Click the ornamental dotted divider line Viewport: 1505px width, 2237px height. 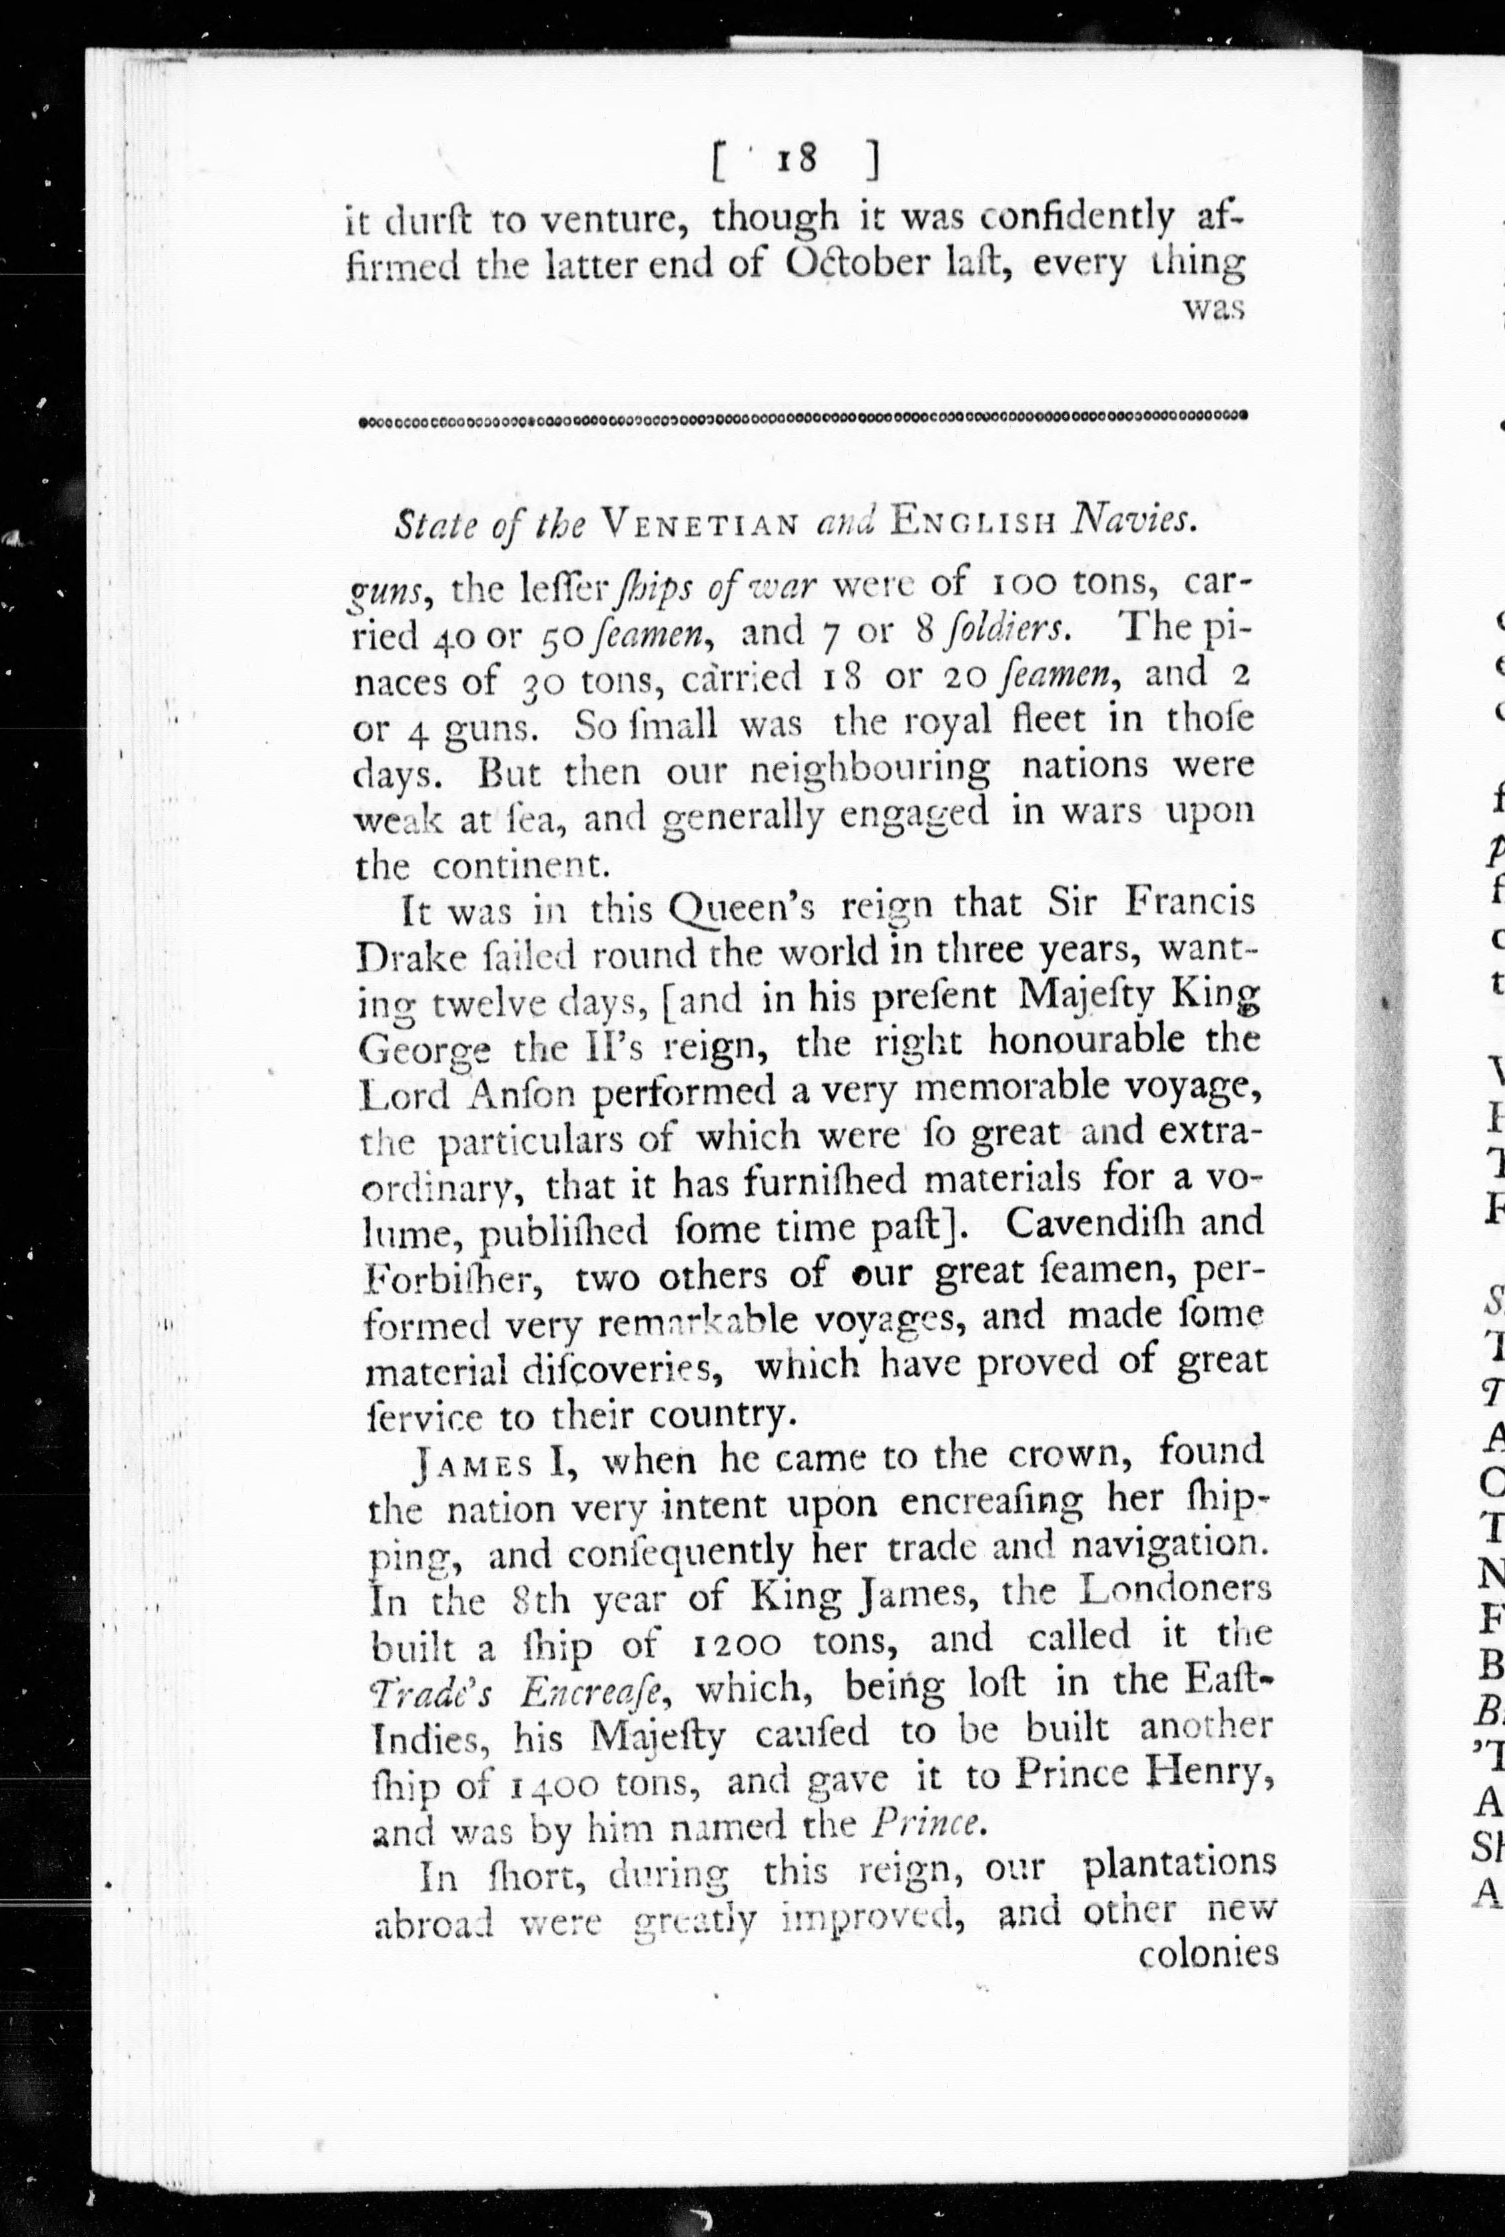click(x=802, y=418)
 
